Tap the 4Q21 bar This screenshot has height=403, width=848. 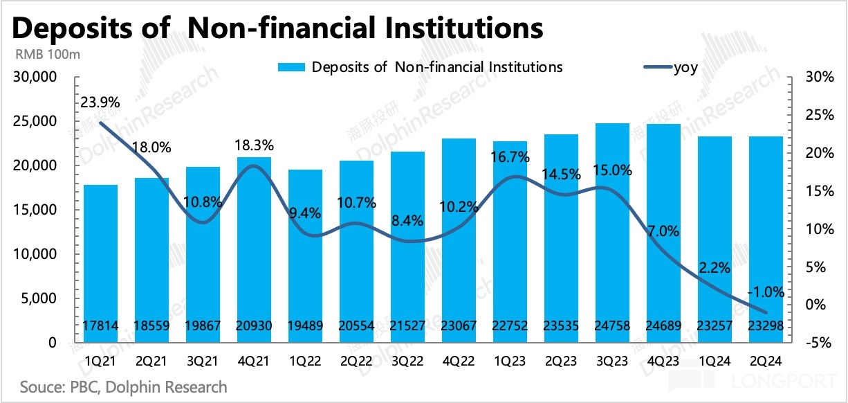253,249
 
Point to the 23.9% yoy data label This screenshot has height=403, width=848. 100,102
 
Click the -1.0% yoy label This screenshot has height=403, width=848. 766,292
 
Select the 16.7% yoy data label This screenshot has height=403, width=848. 510,157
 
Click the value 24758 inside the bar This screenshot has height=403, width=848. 612,326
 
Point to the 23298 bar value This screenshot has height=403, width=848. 766,326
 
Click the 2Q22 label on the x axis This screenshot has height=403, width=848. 356,361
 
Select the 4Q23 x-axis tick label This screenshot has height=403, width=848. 663,361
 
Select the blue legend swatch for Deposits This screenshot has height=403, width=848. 291,67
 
